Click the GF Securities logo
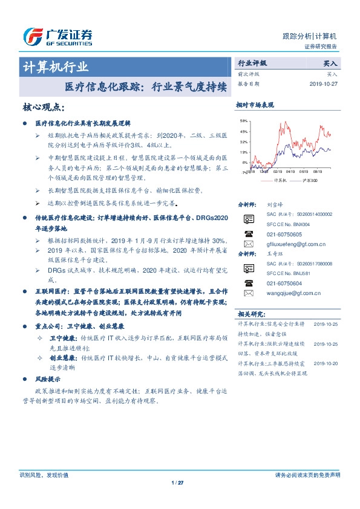coord(57,37)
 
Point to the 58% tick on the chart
coord(244,121)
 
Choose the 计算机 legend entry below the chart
coord(280,180)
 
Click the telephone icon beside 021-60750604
coord(248,283)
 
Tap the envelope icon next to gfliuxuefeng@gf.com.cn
coord(248,244)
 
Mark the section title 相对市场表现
coord(255,105)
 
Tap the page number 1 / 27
coord(177,482)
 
